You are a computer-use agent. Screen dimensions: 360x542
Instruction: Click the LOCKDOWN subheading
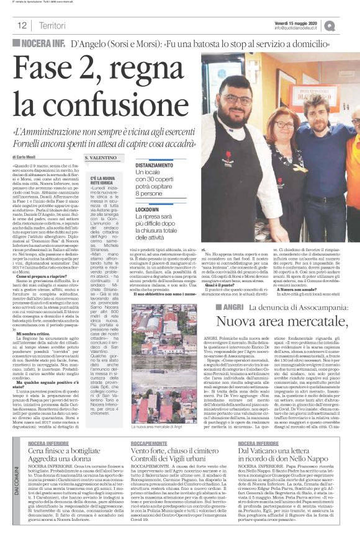(x=147, y=210)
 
